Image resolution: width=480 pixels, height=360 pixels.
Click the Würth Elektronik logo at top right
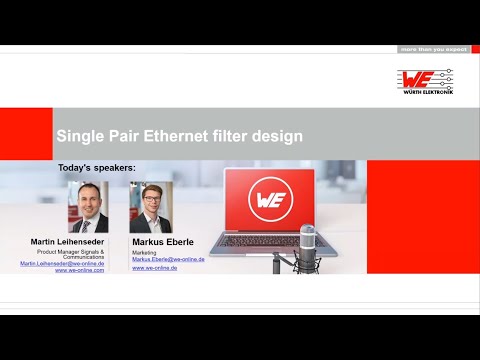425,79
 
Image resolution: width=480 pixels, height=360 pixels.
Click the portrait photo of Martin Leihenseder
87,207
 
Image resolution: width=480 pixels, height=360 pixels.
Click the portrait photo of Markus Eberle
152,207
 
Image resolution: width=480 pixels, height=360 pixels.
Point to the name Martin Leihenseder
66,242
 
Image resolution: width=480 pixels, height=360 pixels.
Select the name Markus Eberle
164,242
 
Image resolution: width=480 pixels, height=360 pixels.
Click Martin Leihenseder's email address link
62,263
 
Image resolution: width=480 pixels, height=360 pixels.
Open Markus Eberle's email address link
168,259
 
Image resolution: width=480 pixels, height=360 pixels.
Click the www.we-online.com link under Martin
79,270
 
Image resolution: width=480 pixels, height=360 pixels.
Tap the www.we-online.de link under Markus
154,268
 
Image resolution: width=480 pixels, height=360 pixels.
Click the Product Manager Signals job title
75,251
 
